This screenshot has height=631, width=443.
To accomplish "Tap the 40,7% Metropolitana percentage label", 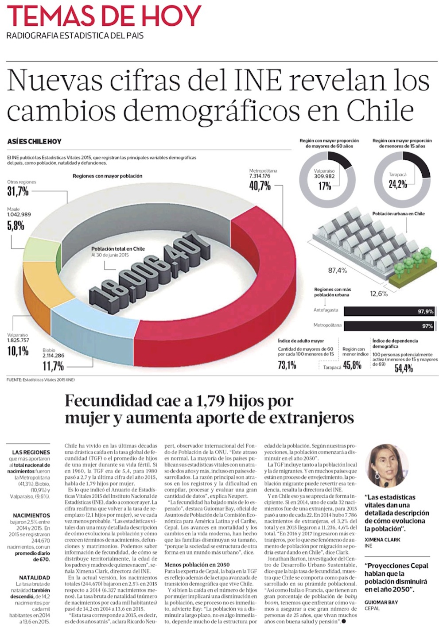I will point(260,186).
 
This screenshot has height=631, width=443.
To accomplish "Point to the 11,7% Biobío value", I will point(53,366).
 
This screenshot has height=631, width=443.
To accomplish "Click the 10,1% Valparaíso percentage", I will point(18,351).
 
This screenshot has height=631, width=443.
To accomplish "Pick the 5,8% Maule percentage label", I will point(16,225).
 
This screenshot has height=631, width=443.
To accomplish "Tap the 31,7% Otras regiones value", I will point(18,191).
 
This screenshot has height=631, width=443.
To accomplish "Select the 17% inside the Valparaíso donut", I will point(325,186).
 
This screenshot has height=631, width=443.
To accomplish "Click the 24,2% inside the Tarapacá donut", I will point(398,184).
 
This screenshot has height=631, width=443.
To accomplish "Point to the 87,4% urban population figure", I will point(338,270).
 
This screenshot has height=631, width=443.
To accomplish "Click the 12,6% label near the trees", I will point(379,294).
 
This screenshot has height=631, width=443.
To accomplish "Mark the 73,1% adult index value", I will point(287,365).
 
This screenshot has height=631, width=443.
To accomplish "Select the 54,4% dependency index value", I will point(404,368).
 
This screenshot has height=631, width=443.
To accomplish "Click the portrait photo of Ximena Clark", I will point(386,466).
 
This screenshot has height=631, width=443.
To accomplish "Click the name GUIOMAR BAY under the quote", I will point(381,602).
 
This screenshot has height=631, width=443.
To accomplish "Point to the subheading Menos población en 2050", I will point(197,565).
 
